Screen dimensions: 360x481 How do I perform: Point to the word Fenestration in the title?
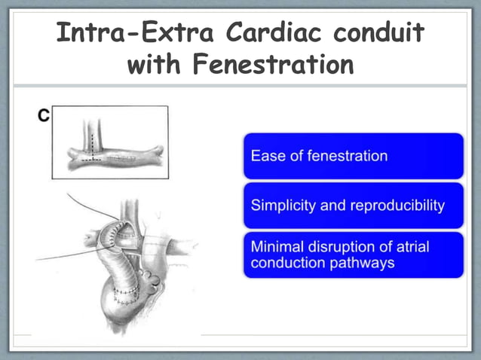pos(274,66)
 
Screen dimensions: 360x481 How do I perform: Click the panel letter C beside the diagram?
pos(44,115)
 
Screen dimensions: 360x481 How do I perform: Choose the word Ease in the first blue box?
pos(265,157)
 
